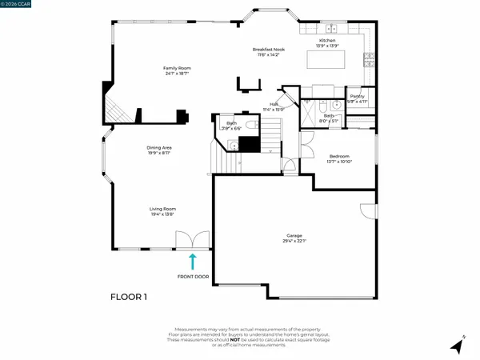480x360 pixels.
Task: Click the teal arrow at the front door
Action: point(191,260)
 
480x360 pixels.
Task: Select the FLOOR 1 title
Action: point(129,297)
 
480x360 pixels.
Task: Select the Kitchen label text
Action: point(328,42)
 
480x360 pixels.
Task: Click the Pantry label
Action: point(358,98)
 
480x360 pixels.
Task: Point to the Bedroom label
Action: point(339,158)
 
